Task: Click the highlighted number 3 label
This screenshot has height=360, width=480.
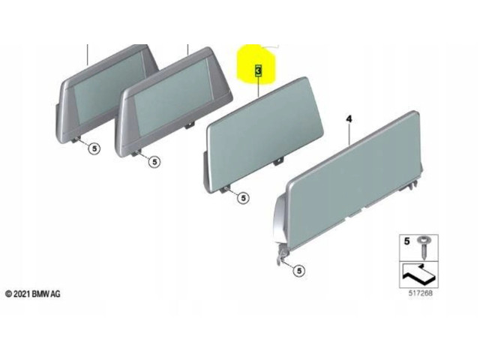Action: coord(259,70)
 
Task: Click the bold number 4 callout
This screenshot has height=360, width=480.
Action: coord(349,118)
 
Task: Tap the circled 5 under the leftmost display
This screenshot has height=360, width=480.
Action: coord(94,148)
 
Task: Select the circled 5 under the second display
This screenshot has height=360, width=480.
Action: coord(154,162)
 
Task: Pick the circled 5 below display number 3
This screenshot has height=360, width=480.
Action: coord(243,198)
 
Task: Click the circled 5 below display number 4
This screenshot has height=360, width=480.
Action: coord(299,271)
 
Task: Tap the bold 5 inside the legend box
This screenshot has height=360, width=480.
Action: coord(406,241)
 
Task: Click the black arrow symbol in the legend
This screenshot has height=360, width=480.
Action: coord(418,273)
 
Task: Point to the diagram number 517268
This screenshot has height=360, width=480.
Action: coord(421,293)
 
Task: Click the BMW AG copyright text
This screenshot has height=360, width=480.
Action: coord(33,294)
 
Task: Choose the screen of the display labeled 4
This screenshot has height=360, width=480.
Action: coord(353,181)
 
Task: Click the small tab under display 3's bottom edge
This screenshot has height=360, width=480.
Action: coord(279,161)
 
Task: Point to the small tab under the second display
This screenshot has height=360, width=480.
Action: coord(190,125)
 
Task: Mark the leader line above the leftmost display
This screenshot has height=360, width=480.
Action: coord(88,55)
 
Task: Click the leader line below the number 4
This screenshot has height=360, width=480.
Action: coord(349,134)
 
